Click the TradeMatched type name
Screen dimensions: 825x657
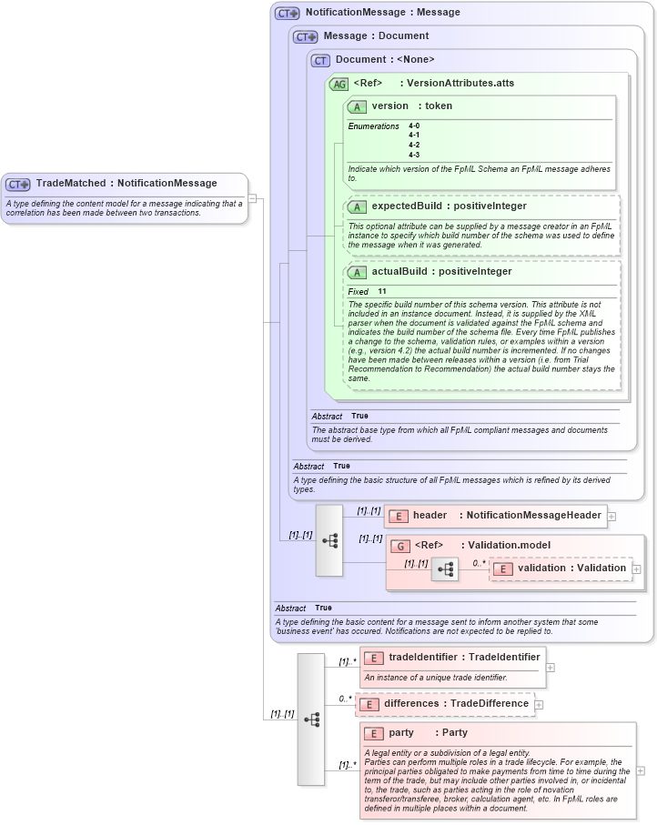click(x=70, y=184)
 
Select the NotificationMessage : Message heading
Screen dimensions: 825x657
click(x=382, y=13)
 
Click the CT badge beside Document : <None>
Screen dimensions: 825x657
click(x=320, y=60)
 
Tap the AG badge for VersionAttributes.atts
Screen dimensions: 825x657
click(x=339, y=84)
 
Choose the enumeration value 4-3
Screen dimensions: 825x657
click(x=414, y=155)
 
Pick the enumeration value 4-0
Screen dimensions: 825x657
click(x=414, y=126)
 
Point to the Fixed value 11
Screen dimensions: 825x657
click(x=382, y=292)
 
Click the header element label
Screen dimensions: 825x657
click(x=430, y=516)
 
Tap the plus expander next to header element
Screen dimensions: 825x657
click(x=612, y=516)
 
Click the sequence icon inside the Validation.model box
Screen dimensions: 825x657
click(x=445, y=569)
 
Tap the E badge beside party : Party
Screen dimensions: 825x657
click(x=373, y=733)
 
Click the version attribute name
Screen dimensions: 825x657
click(x=389, y=106)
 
